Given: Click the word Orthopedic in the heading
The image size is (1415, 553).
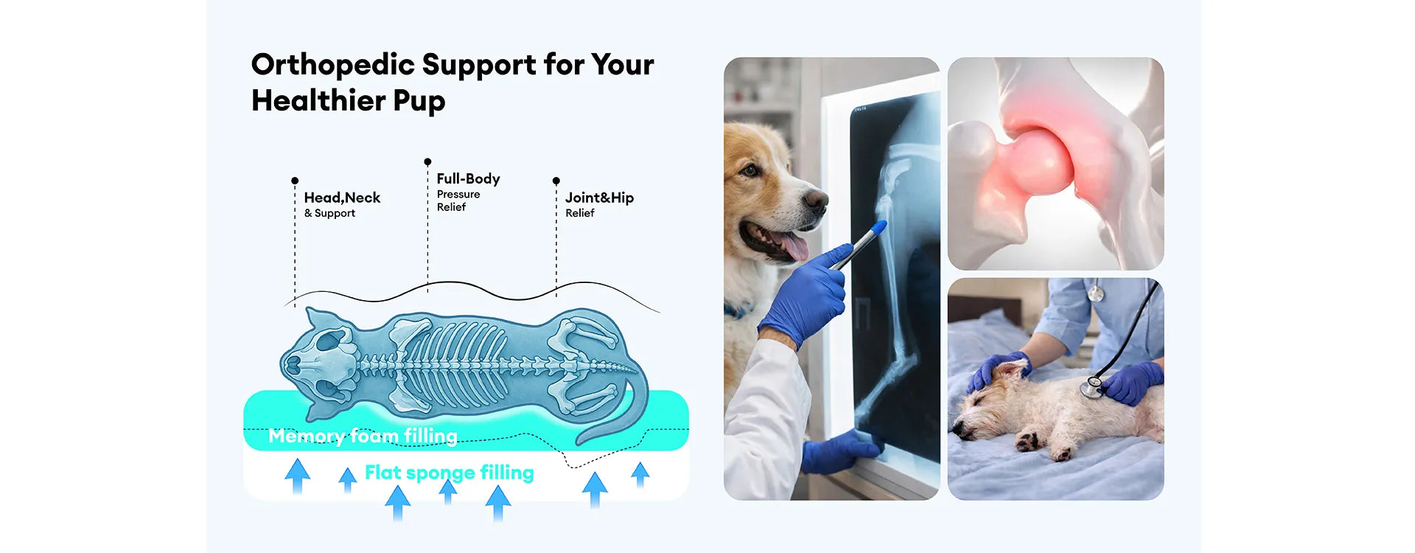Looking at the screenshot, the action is tap(333, 66).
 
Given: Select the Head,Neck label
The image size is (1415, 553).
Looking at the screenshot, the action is tap(342, 198).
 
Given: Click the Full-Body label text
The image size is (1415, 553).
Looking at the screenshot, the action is tap(468, 178).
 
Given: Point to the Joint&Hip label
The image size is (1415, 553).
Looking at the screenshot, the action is tap(599, 198).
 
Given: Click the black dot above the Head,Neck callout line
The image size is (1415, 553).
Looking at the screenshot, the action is tap(295, 181).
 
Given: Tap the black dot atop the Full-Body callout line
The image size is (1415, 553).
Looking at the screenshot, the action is tap(427, 161).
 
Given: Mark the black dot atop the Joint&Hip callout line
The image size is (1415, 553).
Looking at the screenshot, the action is tap(556, 181).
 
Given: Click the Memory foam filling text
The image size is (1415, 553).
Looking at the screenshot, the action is tap(363, 436).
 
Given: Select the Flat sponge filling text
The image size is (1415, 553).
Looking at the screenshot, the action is tap(450, 473).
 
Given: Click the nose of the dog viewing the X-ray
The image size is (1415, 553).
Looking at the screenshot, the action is tap(816, 198).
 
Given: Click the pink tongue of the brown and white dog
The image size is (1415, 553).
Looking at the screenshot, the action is tap(792, 245).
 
